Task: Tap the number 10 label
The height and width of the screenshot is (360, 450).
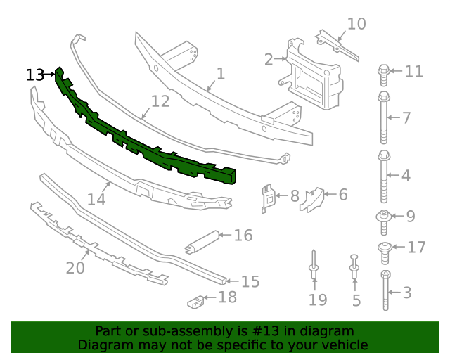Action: click(x=356, y=24)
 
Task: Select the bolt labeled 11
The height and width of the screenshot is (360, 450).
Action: click(x=384, y=71)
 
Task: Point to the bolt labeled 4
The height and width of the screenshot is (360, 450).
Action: click(x=384, y=174)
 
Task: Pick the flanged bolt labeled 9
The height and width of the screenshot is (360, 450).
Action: click(x=384, y=217)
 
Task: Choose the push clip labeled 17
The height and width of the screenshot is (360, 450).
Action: click(x=385, y=247)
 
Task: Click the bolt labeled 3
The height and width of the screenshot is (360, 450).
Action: click(x=385, y=290)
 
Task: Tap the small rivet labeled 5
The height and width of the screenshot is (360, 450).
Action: click(x=354, y=269)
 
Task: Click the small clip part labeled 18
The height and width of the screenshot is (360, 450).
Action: click(x=197, y=302)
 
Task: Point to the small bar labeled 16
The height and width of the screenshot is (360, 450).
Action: click(x=203, y=240)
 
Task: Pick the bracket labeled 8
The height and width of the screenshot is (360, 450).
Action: click(x=268, y=197)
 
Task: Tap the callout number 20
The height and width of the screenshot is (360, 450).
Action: click(x=75, y=268)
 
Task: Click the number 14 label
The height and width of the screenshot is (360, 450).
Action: click(x=96, y=200)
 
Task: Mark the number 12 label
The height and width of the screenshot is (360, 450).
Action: click(x=160, y=101)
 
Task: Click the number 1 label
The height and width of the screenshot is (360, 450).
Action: click(x=220, y=73)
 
